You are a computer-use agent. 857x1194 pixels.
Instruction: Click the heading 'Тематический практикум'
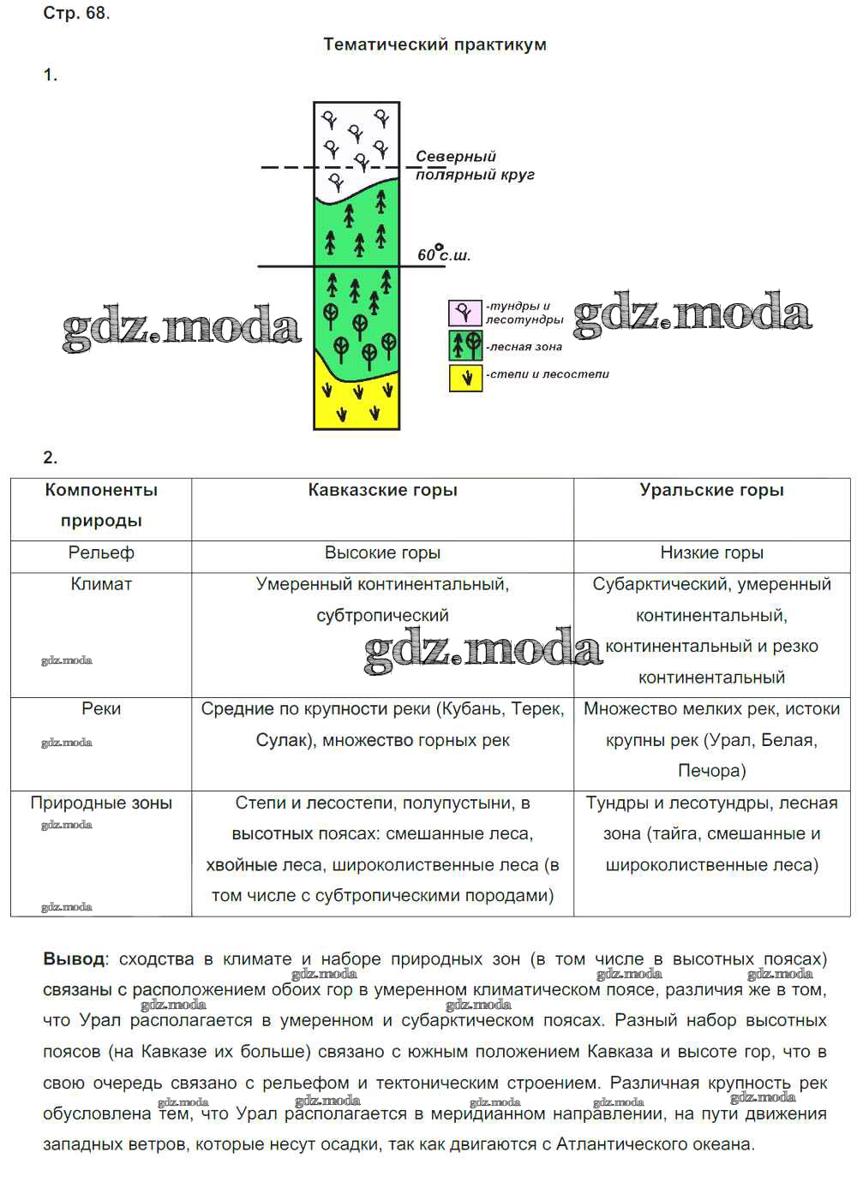(434, 45)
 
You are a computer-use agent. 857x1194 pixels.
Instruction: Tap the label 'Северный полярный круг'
(473, 165)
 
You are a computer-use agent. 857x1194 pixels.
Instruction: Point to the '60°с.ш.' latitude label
(444, 254)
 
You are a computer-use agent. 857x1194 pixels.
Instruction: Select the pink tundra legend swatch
(465, 313)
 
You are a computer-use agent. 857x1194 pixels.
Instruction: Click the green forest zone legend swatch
(465, 345)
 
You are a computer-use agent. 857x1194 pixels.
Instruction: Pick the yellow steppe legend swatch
(465, 377)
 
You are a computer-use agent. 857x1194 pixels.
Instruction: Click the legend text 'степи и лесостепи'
(548, 374)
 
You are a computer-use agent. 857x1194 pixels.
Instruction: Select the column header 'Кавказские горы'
(382, 490)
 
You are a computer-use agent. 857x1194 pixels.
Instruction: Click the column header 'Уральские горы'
(711, 490)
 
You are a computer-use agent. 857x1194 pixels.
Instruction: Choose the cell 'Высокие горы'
(382, 553)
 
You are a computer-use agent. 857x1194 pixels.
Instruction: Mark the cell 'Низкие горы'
(711, 553)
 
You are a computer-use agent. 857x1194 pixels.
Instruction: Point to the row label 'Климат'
(101, 584)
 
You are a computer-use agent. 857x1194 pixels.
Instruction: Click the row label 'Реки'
(101, 709)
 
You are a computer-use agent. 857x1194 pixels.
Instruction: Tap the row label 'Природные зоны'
(101, 803)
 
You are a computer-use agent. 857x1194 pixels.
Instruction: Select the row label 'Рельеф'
(101, 553)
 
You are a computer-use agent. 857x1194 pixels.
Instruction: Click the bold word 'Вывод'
(74, 959)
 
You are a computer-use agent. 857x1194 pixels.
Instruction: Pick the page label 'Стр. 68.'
(76, 13)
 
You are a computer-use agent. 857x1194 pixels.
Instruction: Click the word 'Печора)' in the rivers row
(711, 771)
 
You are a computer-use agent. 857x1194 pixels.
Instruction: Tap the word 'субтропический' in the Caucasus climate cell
(382, 616)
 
